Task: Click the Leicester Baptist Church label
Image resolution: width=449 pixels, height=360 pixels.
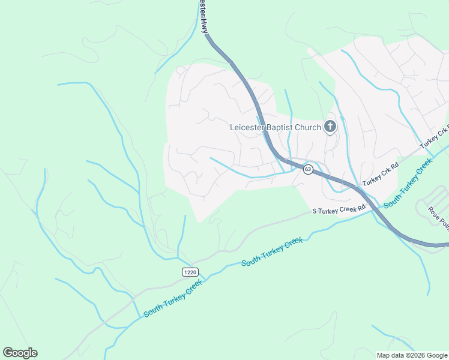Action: (276, 127)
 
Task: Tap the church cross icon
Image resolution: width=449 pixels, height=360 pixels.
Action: (330, 127)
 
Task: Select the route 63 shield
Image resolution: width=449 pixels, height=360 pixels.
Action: (307, 169)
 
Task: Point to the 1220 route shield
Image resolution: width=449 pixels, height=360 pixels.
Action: (190, 272)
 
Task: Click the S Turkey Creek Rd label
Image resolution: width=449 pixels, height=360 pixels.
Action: (339, 210)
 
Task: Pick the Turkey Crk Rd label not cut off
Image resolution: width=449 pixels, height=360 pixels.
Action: (380, 173)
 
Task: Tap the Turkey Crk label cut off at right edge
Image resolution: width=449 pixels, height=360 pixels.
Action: (435, 139)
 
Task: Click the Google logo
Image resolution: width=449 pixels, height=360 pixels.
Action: (20, 353)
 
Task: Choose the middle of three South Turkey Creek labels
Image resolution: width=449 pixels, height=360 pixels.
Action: (271, 252)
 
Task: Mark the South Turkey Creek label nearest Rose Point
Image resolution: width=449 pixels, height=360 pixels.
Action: (408, 183)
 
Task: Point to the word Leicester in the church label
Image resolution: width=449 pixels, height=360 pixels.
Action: (248, 127)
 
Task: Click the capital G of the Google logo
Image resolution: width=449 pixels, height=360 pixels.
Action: (8, 353)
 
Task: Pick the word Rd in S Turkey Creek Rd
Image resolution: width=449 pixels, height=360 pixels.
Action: (361, 208)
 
